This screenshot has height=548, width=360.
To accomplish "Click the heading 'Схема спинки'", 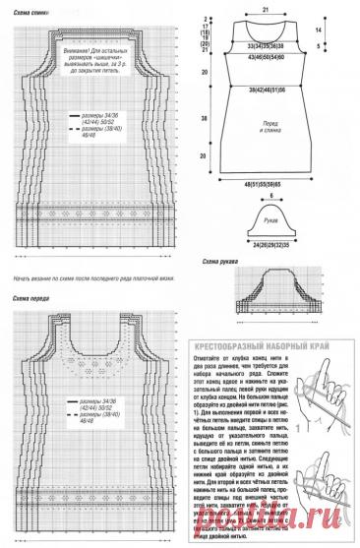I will tap(27, 11).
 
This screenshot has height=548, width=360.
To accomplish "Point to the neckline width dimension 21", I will tap(266, 7).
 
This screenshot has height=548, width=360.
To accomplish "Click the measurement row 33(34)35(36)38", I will tap(267, 45).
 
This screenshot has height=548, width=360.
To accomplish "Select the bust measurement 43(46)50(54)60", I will tap(267, 58).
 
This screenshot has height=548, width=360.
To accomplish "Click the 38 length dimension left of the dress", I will tap(205, 116).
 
